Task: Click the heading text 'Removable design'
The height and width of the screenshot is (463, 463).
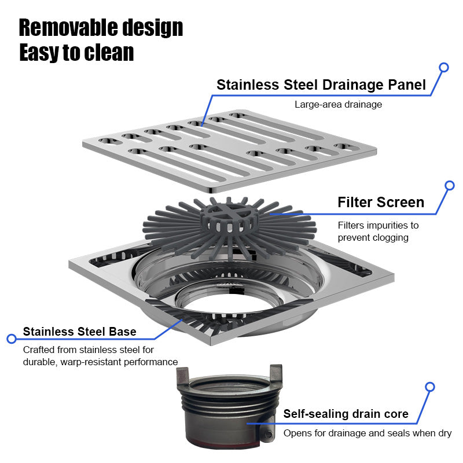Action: coord(101,28)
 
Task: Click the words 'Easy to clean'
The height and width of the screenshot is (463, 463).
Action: coord(76,53)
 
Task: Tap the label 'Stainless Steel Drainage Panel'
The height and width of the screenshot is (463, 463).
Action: coord(321,85)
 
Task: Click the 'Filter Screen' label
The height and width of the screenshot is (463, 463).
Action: coord(381,203)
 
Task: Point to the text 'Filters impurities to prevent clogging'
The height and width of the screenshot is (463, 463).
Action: coord(378,231)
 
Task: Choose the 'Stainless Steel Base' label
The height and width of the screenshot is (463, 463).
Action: coord(80,332)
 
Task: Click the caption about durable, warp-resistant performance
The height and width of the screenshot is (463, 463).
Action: coord(100,356)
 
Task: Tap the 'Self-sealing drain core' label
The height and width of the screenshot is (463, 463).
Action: coord(346,414)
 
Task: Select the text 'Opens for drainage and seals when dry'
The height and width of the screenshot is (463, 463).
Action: coord(368,433)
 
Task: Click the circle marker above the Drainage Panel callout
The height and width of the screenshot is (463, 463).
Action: coord(444,68)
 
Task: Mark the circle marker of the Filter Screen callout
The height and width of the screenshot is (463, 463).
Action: coord(449,186)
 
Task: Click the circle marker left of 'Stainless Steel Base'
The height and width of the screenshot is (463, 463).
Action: coord(10,339)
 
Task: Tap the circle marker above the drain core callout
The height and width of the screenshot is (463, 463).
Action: coord(429,387)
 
